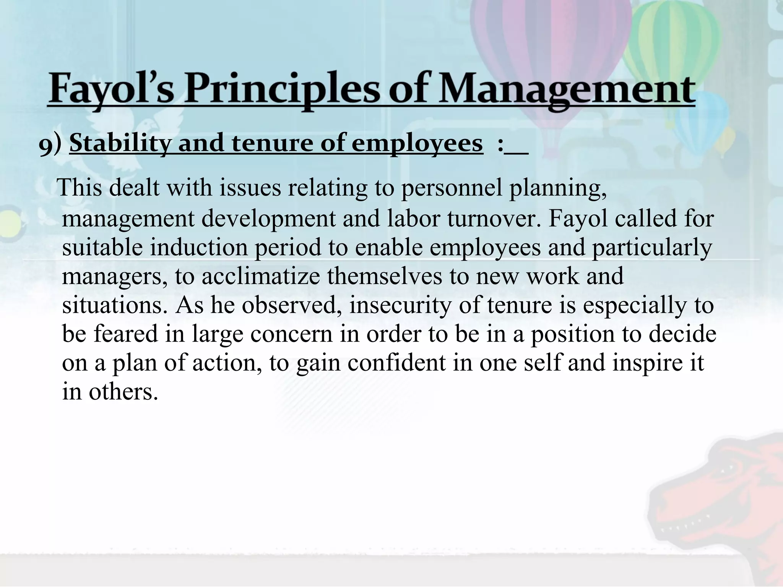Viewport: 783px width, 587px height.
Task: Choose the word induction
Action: coord(198,247)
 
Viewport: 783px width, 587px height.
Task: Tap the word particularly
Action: coord(652,248)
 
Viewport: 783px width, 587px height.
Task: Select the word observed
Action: coord(289,305)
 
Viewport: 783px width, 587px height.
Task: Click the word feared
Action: coord(126,334)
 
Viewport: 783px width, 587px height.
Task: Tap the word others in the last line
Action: coord(123,392)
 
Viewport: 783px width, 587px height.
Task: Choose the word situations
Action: coord(113,305)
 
